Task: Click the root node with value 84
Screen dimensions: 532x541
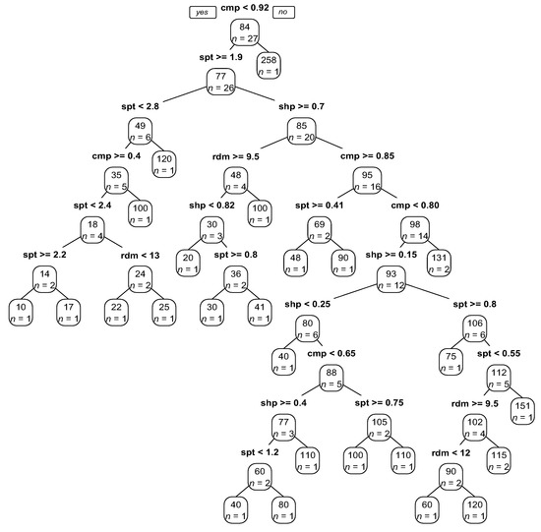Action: [244, 32]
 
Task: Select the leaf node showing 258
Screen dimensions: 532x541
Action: [270, 66]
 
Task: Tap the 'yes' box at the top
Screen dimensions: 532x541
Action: [204, 12]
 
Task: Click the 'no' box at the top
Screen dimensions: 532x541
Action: [283, 12]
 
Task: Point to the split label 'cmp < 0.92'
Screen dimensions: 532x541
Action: [244, 9]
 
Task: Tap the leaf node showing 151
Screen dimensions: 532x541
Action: [522, 410]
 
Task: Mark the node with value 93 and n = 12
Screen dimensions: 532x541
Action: [391, 278]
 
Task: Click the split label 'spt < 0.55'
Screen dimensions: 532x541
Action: [499, 353]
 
